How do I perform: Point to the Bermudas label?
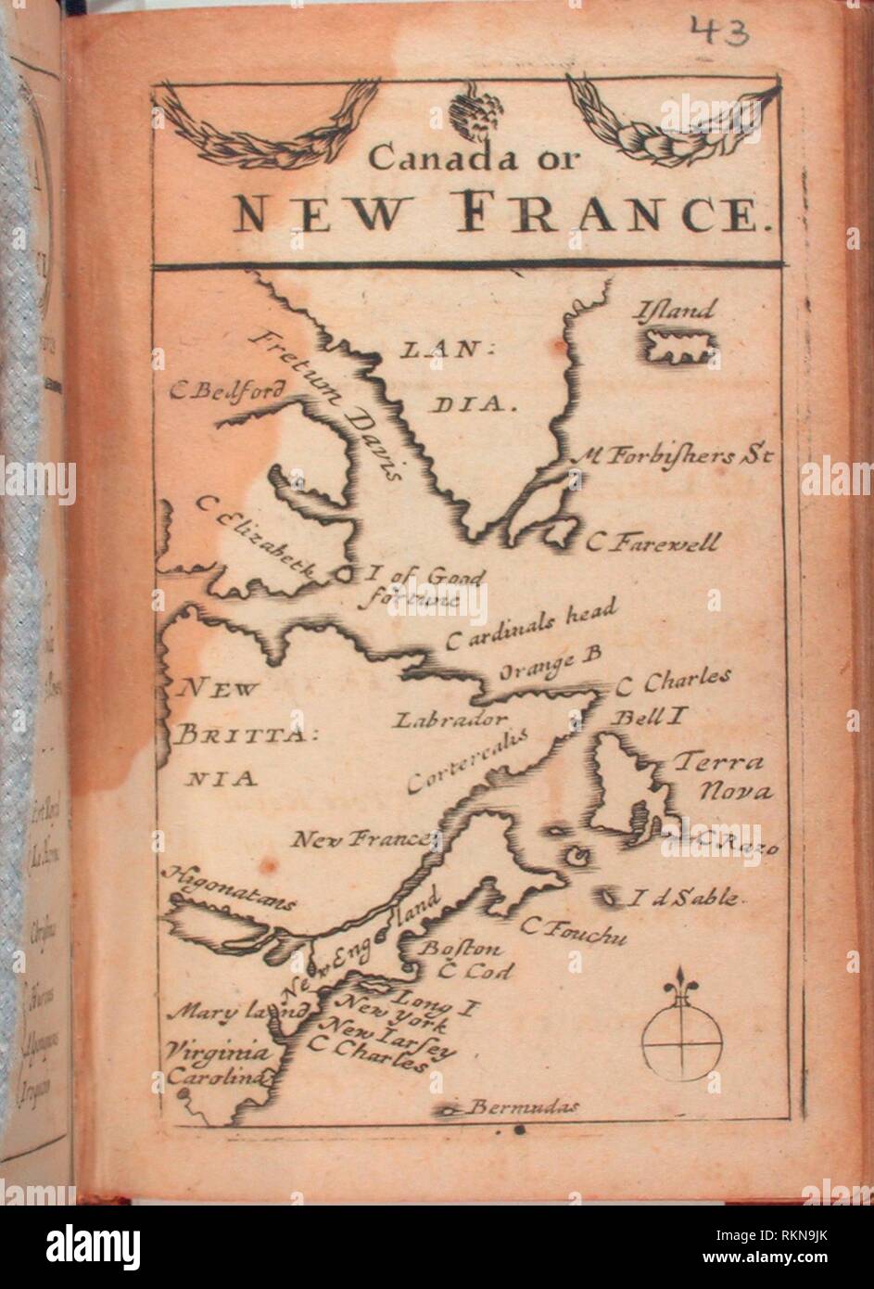524,1106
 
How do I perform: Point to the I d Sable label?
685,897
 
